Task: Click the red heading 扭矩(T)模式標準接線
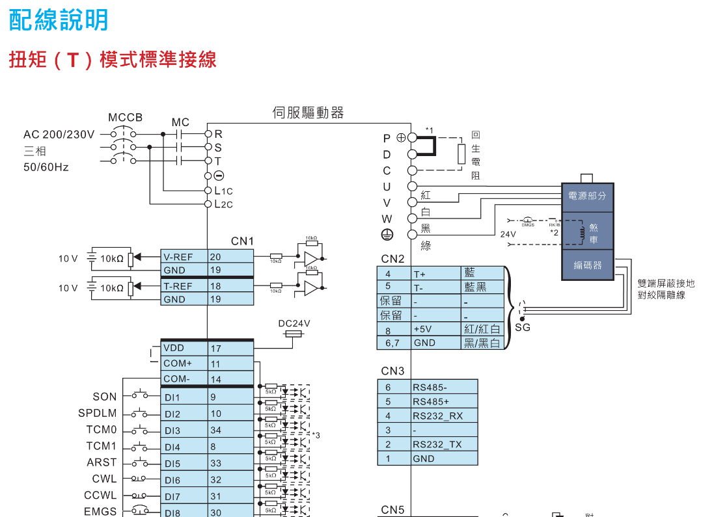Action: pos(113,60)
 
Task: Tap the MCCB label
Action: pos(125,118)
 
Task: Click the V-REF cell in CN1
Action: pos(184,257)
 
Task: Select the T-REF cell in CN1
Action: pos(184,286)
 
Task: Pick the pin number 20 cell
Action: pos(230,257)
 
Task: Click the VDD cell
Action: pos(184,348)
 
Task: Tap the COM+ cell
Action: pos(184,364)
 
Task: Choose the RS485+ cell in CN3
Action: pos(445,401)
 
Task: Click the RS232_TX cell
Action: pos(445,444)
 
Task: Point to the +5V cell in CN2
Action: pos(435,329)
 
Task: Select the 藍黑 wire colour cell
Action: pos(482,287)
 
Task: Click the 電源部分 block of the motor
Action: pos(587,196)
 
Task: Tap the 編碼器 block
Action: pos(587,265)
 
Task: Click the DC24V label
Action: pos(294,323)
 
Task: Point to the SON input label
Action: pos(105,397)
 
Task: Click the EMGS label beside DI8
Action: pos(101,512)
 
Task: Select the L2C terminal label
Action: pos(223,204)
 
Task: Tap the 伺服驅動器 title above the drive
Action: pos(308,113)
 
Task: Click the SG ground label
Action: pos(523,327)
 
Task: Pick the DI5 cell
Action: pos(184,464)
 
